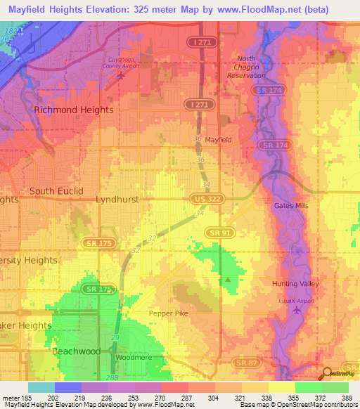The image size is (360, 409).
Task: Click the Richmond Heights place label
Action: (x=74, y=110)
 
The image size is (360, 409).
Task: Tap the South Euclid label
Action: (x=56, y=191)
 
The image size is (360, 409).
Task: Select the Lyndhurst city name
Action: (x=117, y=200)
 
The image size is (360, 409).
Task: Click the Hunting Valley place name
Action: (x=295, y=284)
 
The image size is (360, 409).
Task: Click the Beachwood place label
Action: (x=77, y=350)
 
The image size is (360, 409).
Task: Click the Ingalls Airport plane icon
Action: (x=295, y=310)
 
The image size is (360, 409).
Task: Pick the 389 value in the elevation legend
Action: (x=346, y=398)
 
